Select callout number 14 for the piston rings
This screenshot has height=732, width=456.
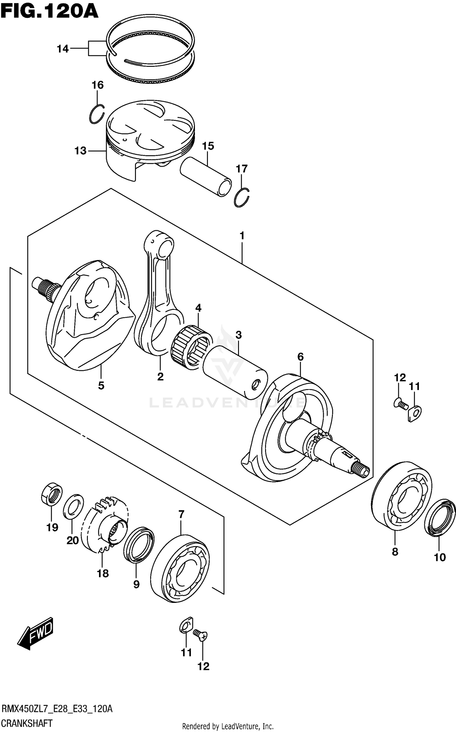[63, 49]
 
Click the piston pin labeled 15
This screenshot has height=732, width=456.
[206, 177]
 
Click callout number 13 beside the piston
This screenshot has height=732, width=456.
[81, 151]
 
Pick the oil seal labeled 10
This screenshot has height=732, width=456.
[440, 516]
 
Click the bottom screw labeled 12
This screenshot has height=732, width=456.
[201, 635]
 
